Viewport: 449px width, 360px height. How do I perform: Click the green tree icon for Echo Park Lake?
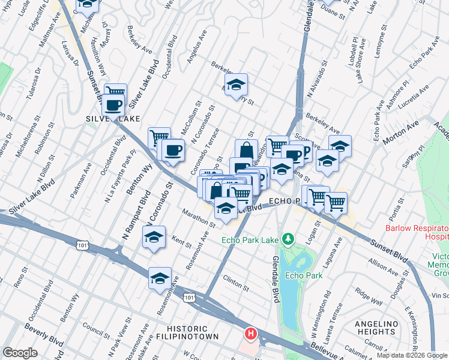point(288,240)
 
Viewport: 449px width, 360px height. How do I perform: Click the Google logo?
point(20,353)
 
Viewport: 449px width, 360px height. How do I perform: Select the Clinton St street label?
point(235,283)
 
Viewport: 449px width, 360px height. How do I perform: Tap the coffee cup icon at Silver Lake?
point(113,106)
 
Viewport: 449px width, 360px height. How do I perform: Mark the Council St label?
point(95,332)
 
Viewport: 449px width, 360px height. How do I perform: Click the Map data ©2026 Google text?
point(411,355)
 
